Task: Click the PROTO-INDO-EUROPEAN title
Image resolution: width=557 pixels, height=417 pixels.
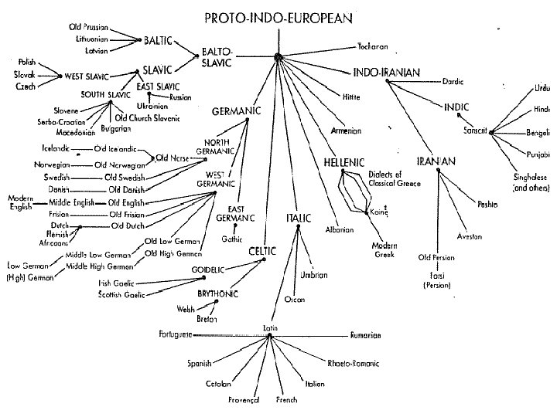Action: pos(278,16)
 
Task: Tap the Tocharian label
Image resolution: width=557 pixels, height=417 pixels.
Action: pos(373,46)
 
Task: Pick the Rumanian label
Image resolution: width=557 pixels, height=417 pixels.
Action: pos(366,336)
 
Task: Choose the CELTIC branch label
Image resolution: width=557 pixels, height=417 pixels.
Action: pos(263,251)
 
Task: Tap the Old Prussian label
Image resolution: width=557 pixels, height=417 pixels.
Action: pos(85,27)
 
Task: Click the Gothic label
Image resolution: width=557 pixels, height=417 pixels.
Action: pos(232,239)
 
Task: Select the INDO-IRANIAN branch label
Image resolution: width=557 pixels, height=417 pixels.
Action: pos(386,73)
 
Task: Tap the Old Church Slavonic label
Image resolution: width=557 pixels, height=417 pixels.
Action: pos(147,118)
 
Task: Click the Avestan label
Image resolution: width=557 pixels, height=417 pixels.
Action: pos(470,236)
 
